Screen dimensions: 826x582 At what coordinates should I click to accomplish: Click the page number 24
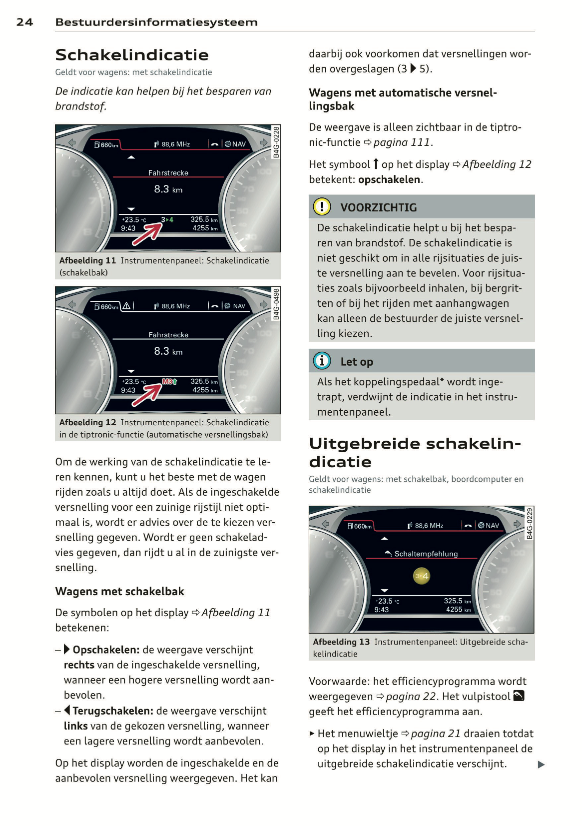tap(24, 22)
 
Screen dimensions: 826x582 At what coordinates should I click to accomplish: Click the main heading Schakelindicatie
tap(132, 55)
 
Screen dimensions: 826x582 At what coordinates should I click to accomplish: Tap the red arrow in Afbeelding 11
tap(147, 234)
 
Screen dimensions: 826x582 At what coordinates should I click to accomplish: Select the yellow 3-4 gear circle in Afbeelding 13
tap(422, 576)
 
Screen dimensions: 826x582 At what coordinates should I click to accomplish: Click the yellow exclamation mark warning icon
tap(322, 206)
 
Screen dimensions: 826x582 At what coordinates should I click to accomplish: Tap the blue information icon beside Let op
tap(322, 361)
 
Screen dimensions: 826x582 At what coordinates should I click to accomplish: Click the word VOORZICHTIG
tap(378, 207)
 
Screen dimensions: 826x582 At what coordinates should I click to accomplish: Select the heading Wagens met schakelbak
tap(119, 592)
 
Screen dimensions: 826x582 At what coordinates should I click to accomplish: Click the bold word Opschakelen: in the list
tap(106, 650)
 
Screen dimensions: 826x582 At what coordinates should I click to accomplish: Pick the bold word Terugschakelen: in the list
tap(113, 711)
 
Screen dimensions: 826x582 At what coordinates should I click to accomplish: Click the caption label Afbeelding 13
tap(341, 642)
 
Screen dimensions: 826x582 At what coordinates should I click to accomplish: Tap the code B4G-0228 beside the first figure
tap(276, 142)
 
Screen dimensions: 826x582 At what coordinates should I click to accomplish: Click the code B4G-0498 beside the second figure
tap(276, 304)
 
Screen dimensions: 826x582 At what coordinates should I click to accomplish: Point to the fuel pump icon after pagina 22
tap(519, 696)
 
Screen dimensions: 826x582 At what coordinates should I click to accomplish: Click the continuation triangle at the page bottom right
tap(541, 765)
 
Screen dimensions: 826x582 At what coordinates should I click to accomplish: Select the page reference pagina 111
tap(401, 142)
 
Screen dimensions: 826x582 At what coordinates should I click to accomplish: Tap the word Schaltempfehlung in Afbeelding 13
tap(426, 554)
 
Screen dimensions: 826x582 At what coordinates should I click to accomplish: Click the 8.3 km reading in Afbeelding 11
tap(168, 189)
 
